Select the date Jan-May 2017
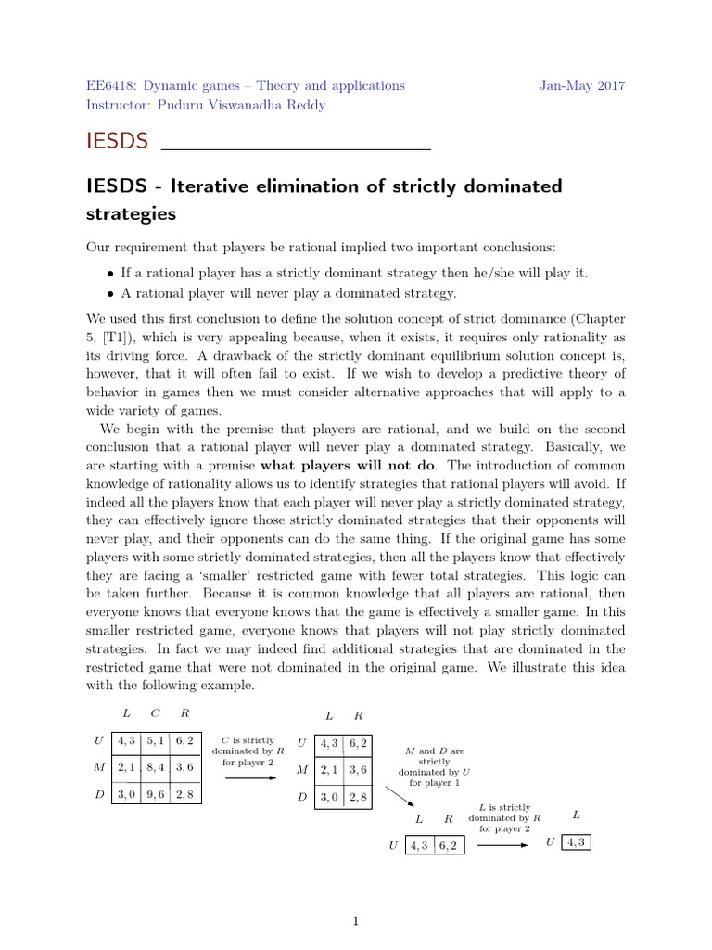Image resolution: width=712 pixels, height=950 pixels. [x=582, y=85]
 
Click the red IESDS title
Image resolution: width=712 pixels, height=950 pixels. [x=117, y=141]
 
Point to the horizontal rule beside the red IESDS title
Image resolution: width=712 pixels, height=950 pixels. [x=297, y=148]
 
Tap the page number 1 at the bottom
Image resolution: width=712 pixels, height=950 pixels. [x=355, y=921]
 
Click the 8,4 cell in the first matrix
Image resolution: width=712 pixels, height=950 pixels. [x=155, y=767]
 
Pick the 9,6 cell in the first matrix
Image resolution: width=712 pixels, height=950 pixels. [x=155, y=794]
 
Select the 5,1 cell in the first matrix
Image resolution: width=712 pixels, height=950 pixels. [x=155, y=741]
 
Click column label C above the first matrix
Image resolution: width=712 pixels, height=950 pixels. [x=155, y=713]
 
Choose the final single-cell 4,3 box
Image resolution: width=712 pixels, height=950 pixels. [x=575, y=841]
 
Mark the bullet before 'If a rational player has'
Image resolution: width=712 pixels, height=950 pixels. [x=111, y=274]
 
